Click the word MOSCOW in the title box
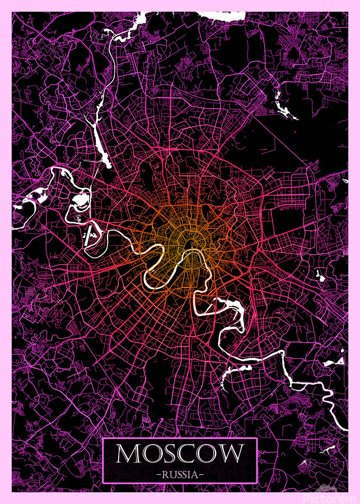click(180, 454)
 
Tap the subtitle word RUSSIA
click(180, 474)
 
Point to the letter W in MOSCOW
click(231, 454)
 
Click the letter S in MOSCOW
click(171, 454)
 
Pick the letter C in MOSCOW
click(189, 454)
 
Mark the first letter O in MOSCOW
click(151, 454)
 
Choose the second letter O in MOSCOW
click(209, 454)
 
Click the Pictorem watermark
click(330, 497)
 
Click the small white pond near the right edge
click(320, 274)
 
